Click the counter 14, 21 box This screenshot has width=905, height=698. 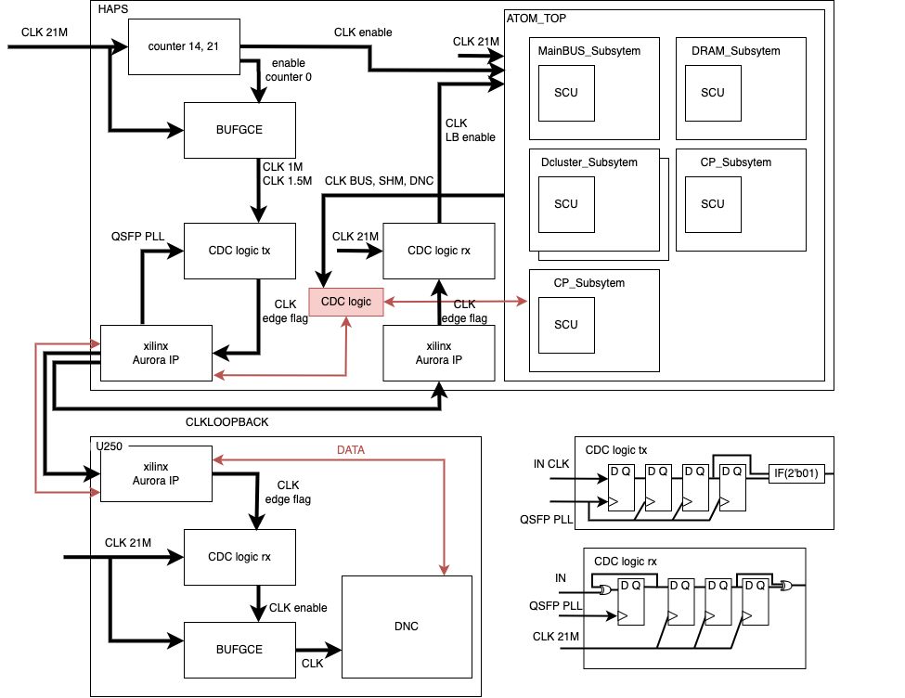(183, 45)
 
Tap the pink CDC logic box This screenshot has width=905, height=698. (346, 302)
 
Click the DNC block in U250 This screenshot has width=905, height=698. (407, 627)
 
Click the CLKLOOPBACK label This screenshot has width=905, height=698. (226, 422)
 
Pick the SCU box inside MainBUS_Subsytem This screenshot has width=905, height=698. (566, 93)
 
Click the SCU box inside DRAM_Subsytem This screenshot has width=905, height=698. (713, 93)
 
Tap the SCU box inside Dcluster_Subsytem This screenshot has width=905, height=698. (566, 204)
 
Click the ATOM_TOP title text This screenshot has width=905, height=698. (537, 18)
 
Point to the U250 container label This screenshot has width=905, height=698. (112, 446)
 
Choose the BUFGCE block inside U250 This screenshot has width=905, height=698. (239, 650)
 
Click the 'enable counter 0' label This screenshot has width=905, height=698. (288, 70)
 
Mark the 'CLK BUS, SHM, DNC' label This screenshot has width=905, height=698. (379, 181)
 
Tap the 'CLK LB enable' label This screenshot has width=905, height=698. (470, 130)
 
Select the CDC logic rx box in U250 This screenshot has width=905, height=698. (239, 557)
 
